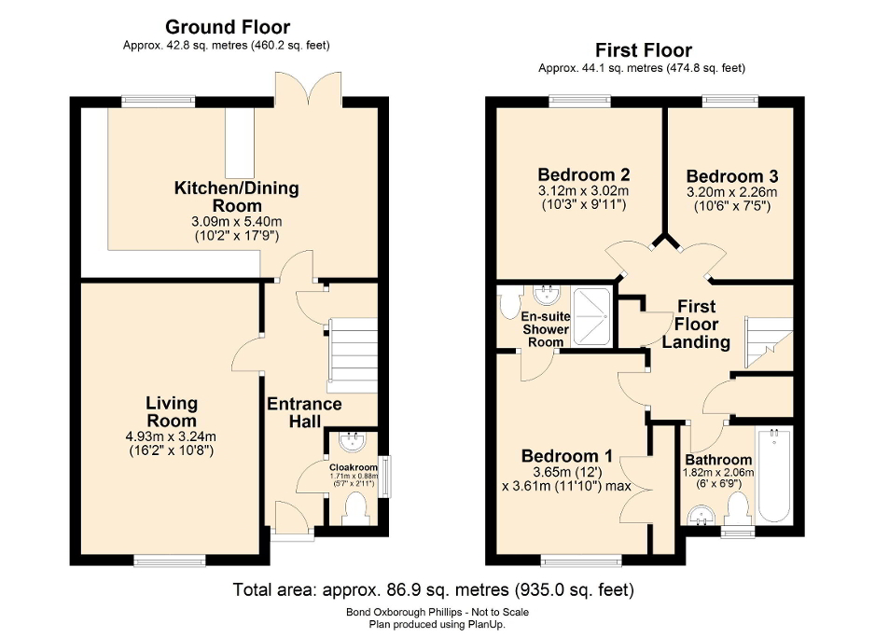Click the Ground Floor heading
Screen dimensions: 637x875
228,27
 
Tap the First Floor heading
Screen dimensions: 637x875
641,50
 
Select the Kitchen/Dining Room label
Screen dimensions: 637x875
237,197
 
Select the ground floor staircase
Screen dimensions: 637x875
352,354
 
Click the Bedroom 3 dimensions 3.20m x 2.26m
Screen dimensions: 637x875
731,192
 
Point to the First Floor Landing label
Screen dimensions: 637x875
696,324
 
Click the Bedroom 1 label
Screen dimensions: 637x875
566,456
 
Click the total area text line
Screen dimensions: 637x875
433,589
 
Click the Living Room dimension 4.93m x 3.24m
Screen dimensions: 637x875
172,435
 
